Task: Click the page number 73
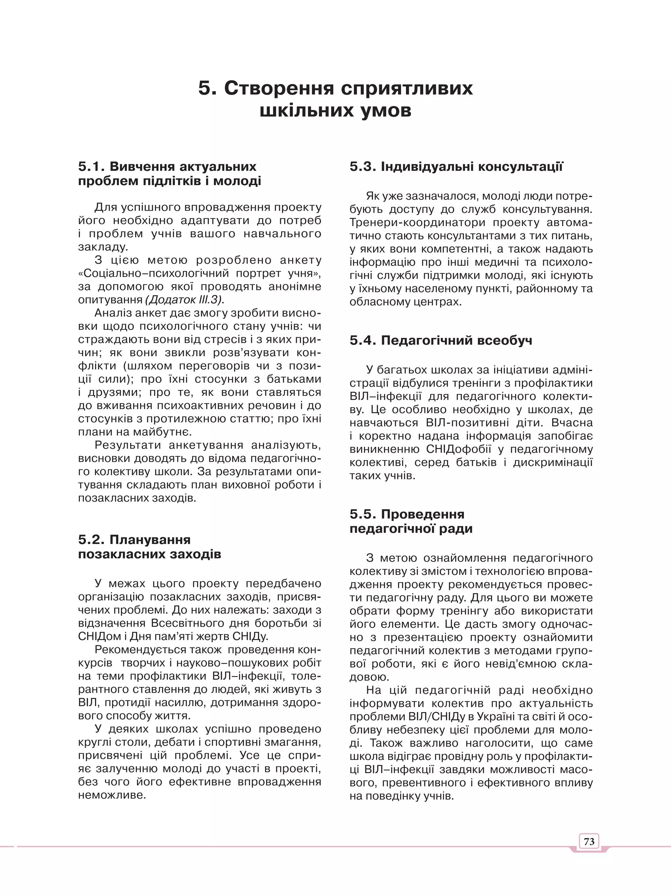pyautogui.click(x=589, y=841)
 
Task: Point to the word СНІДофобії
pyautogui.click(x=458, y=449)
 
